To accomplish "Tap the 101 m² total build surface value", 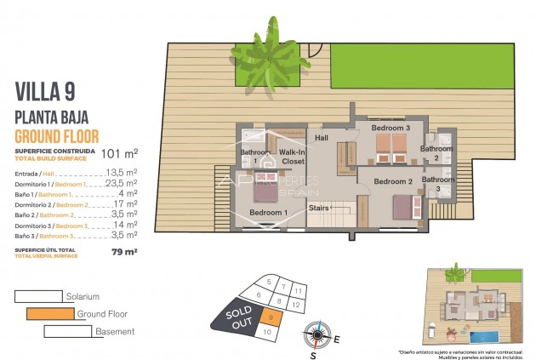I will pos(119,154).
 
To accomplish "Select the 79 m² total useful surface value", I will pos(124,252).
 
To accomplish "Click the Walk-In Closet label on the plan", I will pos(293,156).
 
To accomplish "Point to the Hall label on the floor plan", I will pos(322,137).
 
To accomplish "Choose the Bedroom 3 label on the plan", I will pos(391,128).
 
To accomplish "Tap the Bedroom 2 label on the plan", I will pos(393,181).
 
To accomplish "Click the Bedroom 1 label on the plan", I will pos(269,212).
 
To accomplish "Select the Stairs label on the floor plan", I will pos(319,207).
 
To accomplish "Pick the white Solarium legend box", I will pos(37,296).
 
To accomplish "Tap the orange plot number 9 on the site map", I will pos(270,317).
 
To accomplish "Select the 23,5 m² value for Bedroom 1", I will pos(121,183).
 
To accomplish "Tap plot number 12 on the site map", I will pos(296,303).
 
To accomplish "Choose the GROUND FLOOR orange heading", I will pos(57,136).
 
